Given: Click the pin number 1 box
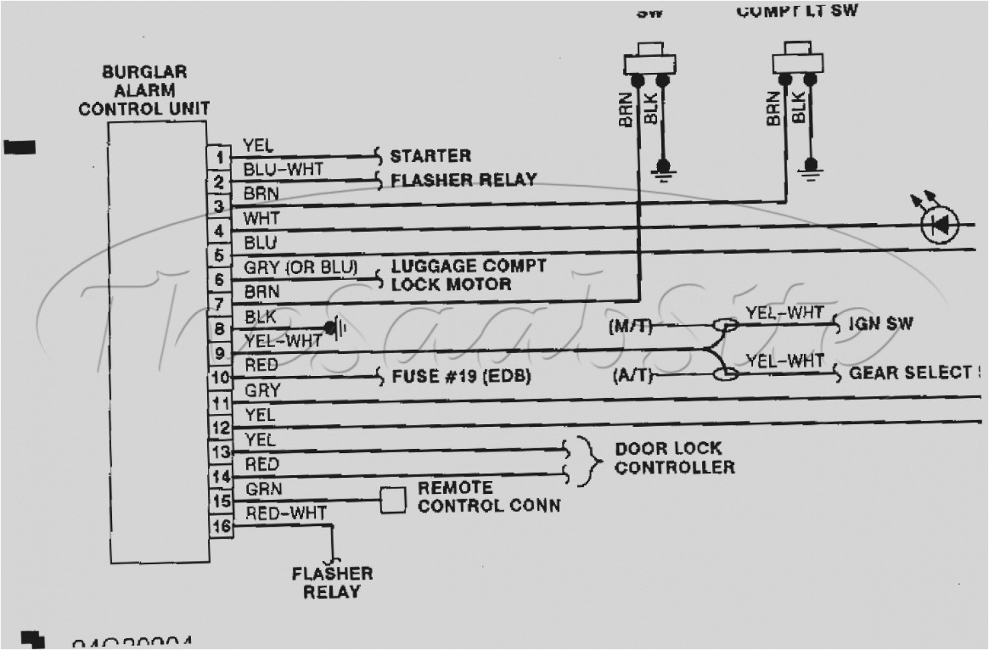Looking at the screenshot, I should click(x=219, y=158).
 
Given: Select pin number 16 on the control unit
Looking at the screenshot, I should click(x=221, y=526).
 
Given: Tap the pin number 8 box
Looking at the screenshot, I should click(x=219, y=330).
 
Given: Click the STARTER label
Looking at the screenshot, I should click(x=430, y=156).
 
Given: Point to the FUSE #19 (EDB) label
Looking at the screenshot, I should click(x=461, y=376).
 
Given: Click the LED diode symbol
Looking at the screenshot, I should click(x=940, y=224).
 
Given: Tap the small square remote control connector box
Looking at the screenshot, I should click(x=393, y=500).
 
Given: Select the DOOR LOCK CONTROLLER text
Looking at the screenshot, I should click(x=674, y=458).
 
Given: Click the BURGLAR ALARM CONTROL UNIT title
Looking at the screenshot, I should click(x=144, y=90).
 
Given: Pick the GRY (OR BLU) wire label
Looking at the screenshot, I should click(x=300, y=267).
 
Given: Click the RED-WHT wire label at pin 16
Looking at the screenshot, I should click(x=286, y=514).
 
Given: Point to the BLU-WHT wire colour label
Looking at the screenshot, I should click(x=283, y=170).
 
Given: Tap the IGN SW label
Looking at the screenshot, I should click(x=880, y=324).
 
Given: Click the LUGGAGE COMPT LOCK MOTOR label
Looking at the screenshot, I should click(x=468, y=275).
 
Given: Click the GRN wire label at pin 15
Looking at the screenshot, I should click(x=264, y=489).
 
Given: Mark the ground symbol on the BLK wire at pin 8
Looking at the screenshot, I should click(x=335, y=328).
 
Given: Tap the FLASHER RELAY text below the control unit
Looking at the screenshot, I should click(x=332, y=582).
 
